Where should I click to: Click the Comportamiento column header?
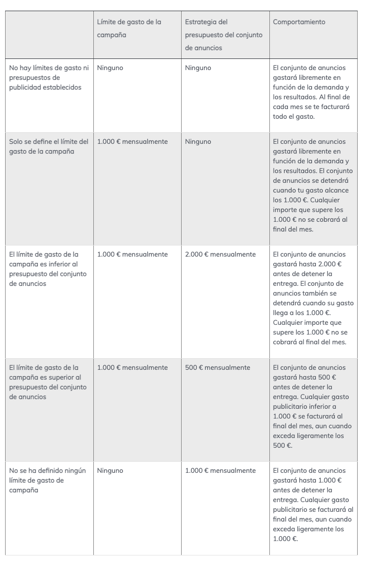[299, 22]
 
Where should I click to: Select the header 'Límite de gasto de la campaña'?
[129, 28]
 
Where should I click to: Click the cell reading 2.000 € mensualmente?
[220, 254]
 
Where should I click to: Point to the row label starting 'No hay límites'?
[49, 77]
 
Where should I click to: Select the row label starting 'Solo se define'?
[49, 146]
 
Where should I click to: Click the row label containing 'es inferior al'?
[48, 269]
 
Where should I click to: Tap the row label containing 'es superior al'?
[48, 382]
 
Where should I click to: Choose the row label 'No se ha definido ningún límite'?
[48, 480]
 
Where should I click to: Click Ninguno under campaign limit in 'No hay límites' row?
[110, 68]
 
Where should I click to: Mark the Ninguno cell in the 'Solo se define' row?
[198, 142]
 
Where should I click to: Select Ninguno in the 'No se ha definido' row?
[110, 471]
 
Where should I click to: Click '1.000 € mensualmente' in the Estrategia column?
[220, 471]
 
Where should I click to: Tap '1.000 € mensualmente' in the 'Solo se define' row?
[132, 142]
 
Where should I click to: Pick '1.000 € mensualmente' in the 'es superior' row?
[132, 368]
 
